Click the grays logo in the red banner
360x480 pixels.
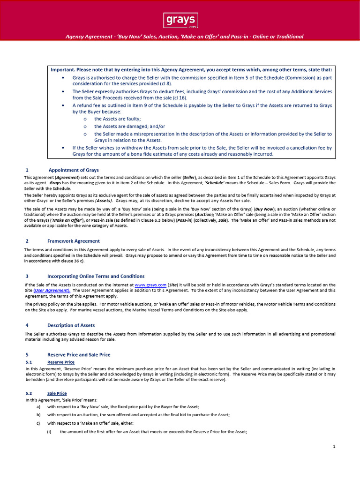pos(180,21)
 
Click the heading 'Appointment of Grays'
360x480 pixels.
pos(74,170)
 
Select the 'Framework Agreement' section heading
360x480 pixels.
pos(73,241)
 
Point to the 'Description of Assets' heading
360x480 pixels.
pos(71,325)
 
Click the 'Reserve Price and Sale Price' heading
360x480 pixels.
pos(79,354)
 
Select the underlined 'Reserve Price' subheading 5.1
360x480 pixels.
pos(61,362)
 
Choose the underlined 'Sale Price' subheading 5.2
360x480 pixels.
pos(57,393)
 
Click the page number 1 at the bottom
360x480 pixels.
pos(334,447)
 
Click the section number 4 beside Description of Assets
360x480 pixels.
pos(27,325)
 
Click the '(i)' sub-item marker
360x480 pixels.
pos(49,431)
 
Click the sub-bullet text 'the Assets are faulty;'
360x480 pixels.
pos(117,119)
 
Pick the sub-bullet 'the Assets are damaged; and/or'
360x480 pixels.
pos(129,126)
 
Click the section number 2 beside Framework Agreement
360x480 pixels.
pos(27,241)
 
